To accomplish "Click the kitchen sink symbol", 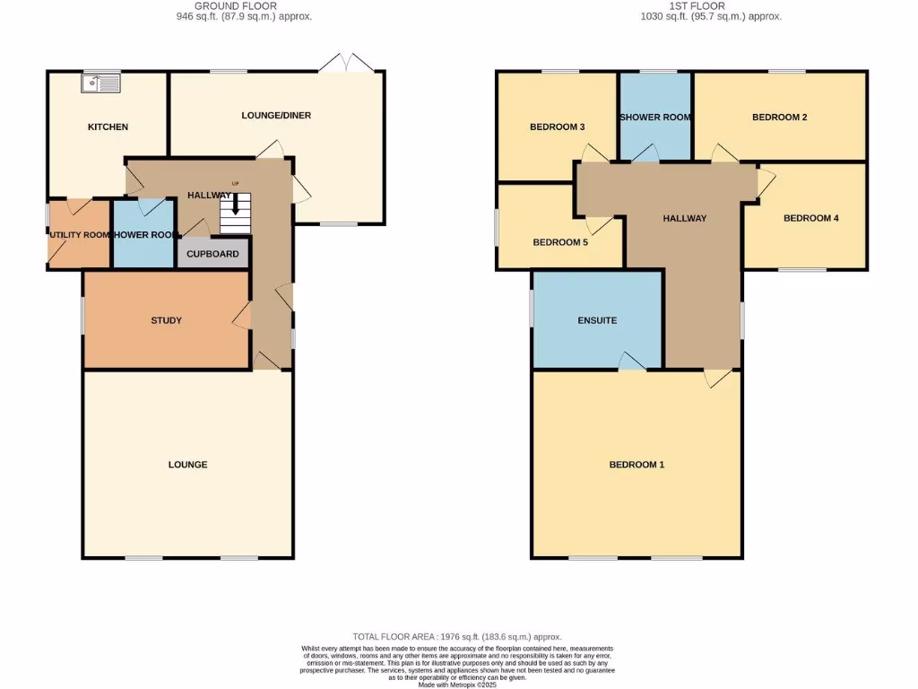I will [x=100, y=83].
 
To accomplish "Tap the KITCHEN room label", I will [x=108, y=127].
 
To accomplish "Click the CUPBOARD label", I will [x=212, y=254].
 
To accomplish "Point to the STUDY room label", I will [x=167, y=320].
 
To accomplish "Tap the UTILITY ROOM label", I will [x=79, y=235].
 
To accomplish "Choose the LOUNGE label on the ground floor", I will [x=187, y=465].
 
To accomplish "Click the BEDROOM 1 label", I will [x=637, y=465].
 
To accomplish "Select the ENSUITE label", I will [x=597, y=320].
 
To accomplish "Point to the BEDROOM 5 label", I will [x=560, y=242].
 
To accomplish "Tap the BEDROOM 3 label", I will [x=558, y=127].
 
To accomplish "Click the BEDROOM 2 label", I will [x=780, y=118].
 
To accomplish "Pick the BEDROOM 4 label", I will [x=810, y=218].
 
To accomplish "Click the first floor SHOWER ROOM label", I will [x=654, y=118].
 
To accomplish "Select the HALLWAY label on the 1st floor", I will [x=685, y=218].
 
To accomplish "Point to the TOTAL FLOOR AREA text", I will [x=458, y=636].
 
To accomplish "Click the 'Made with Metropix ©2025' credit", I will [x=458, y=684].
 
